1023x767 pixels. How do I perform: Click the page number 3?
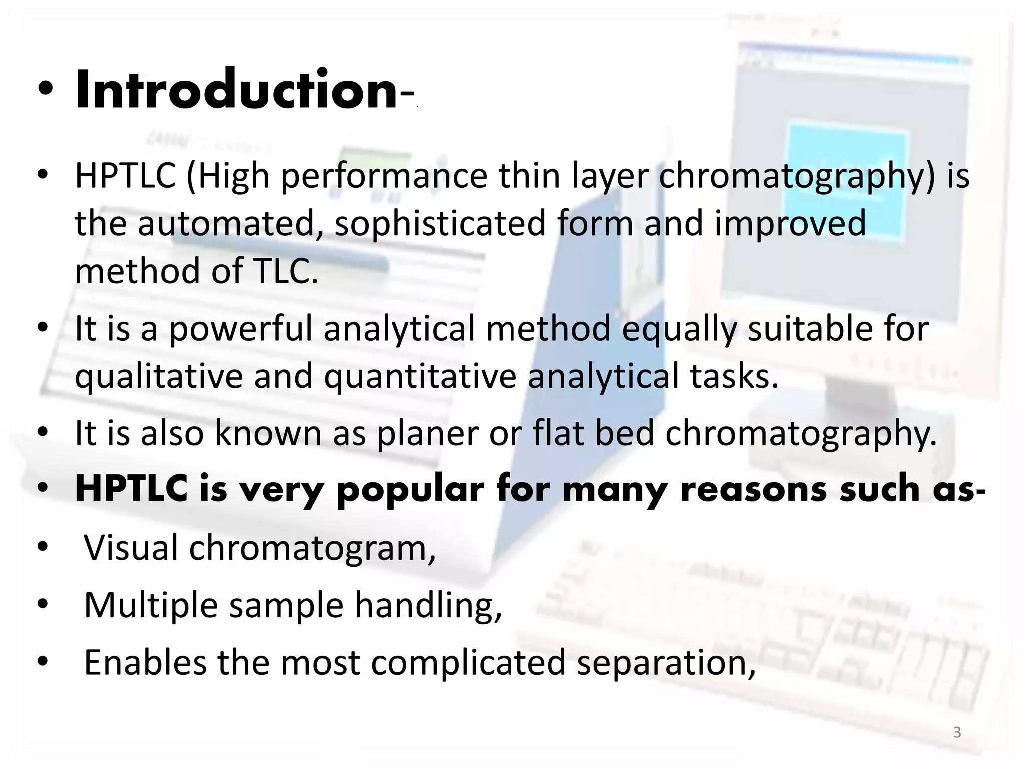(x=957, y=732)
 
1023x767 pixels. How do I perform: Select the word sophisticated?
(x=440, y=223)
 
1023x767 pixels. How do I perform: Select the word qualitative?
(x=158, y=377)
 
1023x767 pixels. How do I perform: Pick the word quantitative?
(x=420, y=377)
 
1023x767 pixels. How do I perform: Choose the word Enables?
(x=145, y=662)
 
